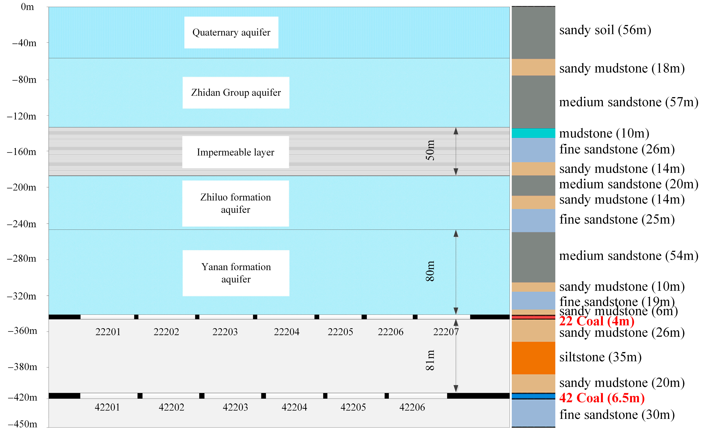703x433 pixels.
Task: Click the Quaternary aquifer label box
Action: click(x=231, y=32)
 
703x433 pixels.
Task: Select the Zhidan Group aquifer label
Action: click(x=236, y=93)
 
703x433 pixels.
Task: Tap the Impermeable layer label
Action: click(x=235, y=152)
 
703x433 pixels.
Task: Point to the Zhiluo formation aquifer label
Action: click(x=235, y=203)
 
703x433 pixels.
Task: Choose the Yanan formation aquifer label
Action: click(x=236, y=273)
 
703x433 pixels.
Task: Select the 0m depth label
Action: click(x=27, y=7)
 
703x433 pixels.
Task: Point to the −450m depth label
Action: click(x=22, y=424)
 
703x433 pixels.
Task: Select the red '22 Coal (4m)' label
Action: click(x=596, y=321)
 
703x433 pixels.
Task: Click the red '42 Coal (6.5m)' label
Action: click(x=602, y=398)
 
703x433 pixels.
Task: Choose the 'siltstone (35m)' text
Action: click(x=600, y=357)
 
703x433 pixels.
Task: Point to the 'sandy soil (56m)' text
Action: click(x=605, y=30)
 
